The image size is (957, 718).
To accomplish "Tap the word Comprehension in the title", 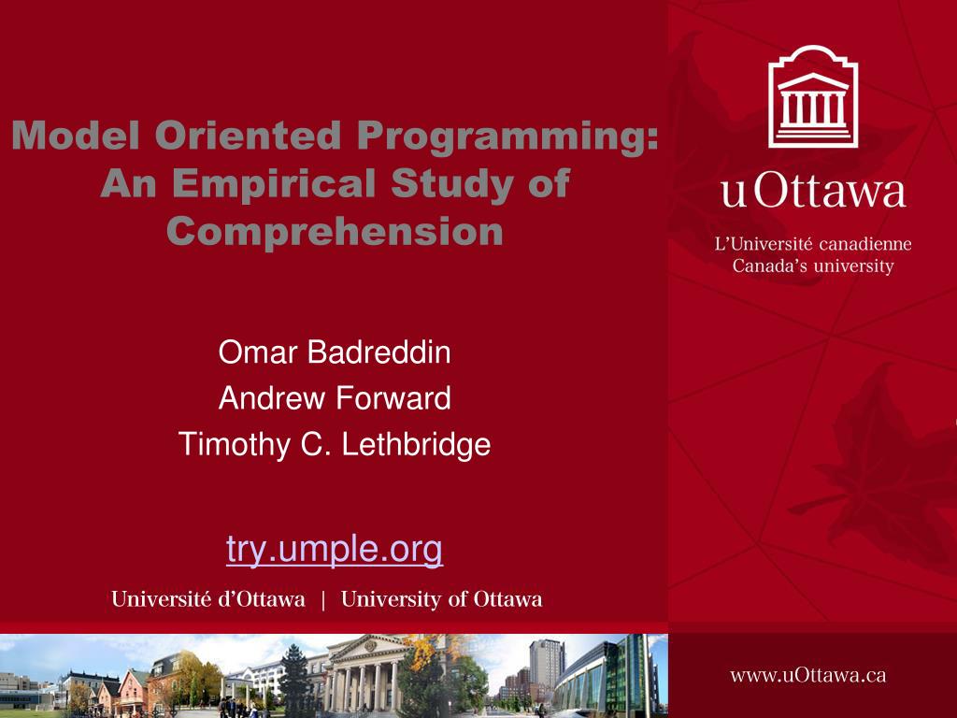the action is click(x=335, y=232).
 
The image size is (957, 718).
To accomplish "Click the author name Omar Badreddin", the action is click(x=335, y=352).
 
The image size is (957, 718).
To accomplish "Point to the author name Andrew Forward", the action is click(x=335, y=398).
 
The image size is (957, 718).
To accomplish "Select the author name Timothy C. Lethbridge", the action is click(x=335, y=444).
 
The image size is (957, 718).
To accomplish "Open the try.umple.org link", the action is click(x=335, y=550).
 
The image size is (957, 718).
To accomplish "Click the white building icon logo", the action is click(x=813, y=96).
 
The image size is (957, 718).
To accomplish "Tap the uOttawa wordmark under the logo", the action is click(x=813, y=192).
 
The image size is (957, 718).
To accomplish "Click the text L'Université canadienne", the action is click(x=813, y=244).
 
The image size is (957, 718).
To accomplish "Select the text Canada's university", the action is click(x=813, y=266).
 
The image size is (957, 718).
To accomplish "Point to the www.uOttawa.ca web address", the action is click(x=808, y=675).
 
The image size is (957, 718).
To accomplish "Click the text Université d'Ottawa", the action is click(x=208, y=599).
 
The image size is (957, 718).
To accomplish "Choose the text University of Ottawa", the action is click(x=441, y=599).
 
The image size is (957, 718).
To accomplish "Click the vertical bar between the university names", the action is click(x=322, y=599).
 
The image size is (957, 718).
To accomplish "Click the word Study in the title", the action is click(x=451, y=183).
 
